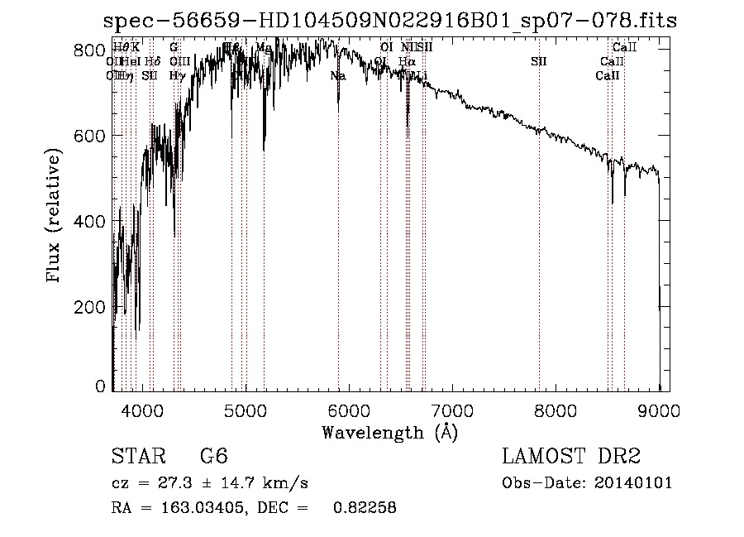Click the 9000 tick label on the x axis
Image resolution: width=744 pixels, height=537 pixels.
(x=659, y=410)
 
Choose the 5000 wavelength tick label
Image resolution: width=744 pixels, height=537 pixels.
(x=246, y=410)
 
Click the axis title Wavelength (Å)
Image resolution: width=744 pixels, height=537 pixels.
(x=389, y=432)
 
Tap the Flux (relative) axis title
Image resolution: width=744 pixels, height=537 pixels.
(x=55, y=217)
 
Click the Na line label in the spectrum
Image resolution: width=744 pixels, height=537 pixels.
(x=337, y=76)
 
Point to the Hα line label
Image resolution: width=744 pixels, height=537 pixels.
(x=406, y=61)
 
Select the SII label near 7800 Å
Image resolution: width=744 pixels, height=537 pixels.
(x=538, y=61)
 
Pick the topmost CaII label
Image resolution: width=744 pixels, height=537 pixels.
(x=624, y=48)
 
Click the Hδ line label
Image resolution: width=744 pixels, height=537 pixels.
(x=152, y=61)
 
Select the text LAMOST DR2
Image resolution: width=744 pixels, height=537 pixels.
(x=570, y=457)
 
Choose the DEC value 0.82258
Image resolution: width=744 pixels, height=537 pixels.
(x=364, y=509)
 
